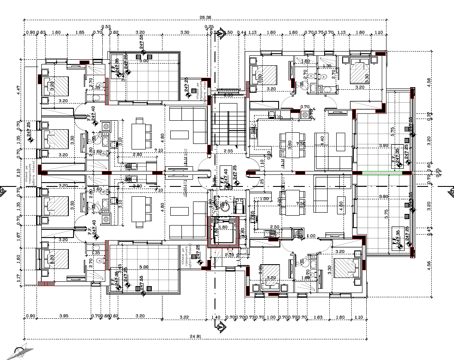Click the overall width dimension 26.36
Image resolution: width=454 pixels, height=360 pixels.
tap(206, 18)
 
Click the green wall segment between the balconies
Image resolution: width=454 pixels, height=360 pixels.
tap(382, 173)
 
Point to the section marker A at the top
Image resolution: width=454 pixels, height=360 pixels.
tap(221, 33)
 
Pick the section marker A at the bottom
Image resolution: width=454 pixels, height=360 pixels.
tap(221, 327)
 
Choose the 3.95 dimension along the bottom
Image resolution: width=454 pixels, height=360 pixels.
tap(64, 317)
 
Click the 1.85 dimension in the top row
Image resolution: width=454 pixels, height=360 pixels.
tap(80, 32)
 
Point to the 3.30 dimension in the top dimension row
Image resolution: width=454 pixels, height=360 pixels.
tap(184, 32)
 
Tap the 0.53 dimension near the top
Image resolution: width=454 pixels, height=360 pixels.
tap(106, 27)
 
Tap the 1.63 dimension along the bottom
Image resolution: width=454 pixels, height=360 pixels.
tap(319, 317)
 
